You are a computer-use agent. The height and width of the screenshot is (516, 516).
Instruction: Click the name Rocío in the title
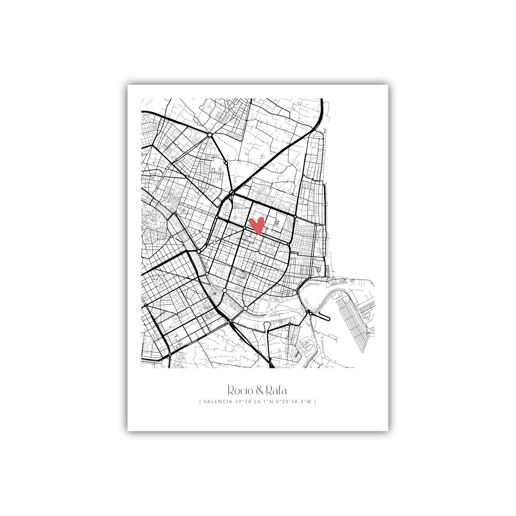pos(240,390)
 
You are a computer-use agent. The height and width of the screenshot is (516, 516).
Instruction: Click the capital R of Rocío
pos(231,390)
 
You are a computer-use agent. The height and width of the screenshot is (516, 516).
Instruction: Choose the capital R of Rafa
pos(269,390)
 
